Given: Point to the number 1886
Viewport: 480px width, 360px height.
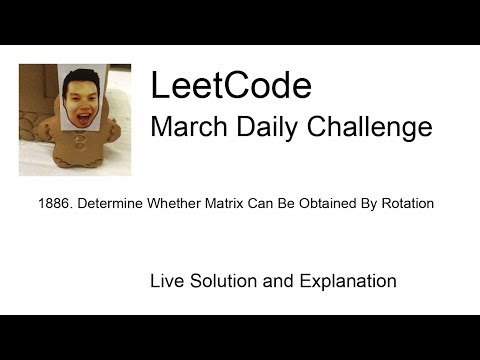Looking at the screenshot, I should click(52, 204).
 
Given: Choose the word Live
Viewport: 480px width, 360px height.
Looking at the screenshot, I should click(167, 281).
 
